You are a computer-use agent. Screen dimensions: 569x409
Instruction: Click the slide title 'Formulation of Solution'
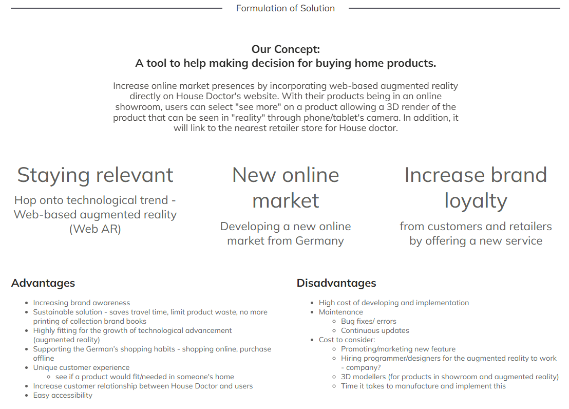285,8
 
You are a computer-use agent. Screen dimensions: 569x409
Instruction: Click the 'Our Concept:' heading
286,49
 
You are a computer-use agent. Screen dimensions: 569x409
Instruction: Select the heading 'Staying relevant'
95,175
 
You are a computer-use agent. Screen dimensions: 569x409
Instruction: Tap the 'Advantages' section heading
43,283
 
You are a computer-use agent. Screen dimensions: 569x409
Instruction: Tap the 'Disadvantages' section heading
336,283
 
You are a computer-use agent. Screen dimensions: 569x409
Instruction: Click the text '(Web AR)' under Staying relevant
95,229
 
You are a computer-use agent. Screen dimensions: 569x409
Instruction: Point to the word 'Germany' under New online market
320,241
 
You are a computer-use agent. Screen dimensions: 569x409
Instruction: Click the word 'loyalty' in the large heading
476,201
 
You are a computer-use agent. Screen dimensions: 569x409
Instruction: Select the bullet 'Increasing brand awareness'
82,303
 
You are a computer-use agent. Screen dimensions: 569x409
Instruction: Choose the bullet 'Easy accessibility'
63,395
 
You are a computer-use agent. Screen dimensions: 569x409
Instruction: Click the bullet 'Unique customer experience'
81,367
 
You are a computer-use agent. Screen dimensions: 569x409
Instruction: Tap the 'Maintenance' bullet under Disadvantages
341,312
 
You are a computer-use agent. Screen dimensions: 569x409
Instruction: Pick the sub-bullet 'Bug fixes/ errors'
369,321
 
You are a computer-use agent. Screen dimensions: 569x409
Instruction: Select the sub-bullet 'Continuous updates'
375,330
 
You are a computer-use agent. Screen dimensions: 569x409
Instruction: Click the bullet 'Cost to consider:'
347,340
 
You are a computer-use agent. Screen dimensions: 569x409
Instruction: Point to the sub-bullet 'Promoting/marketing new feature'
398,349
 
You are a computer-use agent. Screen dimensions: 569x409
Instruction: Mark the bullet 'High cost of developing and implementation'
394,303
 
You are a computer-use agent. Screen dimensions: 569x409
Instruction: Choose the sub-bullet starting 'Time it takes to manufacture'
424,386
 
